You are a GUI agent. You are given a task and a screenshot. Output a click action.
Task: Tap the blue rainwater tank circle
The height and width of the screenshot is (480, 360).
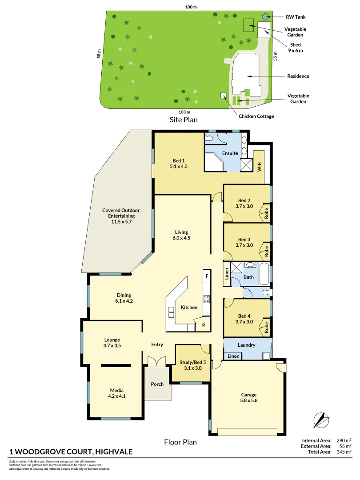click(x=265, y=16)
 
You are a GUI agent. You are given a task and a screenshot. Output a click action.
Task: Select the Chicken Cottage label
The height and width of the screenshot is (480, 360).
click(x=256, y=116)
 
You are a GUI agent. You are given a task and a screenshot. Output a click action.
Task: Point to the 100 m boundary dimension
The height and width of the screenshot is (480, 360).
click(x=192, y=7)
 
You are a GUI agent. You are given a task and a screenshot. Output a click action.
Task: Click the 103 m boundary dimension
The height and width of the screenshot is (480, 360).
click(x=184, y=112)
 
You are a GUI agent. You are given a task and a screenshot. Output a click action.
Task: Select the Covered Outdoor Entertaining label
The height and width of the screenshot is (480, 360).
click(x=118, y=216)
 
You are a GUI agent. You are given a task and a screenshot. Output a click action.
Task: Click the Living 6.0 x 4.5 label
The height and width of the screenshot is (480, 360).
click(x=181, y=235)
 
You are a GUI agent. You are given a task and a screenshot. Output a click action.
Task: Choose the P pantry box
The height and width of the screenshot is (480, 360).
click(x=204, y=325)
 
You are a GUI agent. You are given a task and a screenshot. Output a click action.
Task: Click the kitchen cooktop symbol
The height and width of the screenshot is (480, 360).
click(x=207, y=299)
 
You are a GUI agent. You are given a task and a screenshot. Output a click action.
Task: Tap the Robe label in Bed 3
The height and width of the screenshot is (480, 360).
click(x=267, y=252)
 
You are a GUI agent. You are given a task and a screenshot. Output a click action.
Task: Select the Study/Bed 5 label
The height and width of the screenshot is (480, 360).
click(x=192, y=365)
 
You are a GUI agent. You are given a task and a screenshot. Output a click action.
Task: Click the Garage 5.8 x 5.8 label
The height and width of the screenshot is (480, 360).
click(x=249, y=397)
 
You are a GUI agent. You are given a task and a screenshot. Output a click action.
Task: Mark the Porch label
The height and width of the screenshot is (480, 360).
click(x=157, y=384)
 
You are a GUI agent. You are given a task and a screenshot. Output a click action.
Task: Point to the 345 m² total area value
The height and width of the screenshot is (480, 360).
click(x=344, y=452)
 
